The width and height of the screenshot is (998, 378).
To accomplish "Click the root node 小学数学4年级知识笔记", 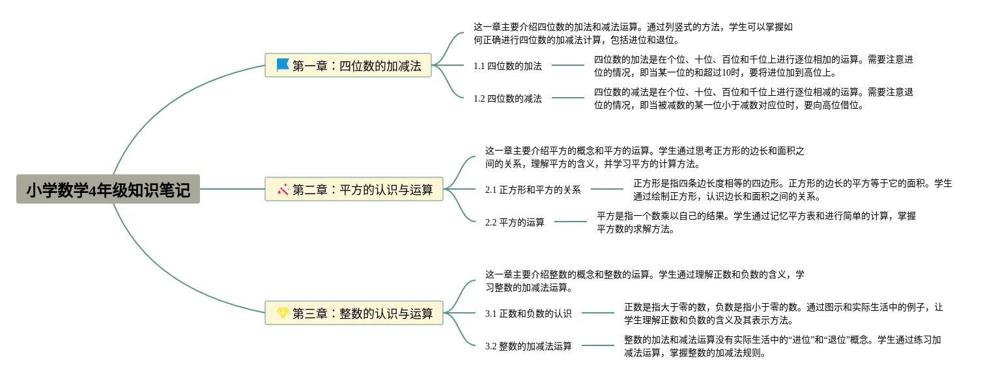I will pyautogui.click(x=108, y=190).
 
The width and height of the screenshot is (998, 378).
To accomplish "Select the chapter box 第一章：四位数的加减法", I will pyautogui.click(x=349, y=65).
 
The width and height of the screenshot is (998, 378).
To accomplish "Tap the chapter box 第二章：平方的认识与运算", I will pyautogui.click(x=354, y=189).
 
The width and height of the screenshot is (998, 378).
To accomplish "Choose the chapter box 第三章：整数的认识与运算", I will pyautogui.click(x=354, y=313).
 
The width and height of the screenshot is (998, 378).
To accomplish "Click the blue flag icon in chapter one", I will pyautogui.click(x=283, y=65).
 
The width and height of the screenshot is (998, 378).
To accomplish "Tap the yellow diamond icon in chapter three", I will pyautogui.click(x=283, y=313).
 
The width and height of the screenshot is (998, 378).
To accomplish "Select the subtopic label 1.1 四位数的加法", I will pyautogui.click(x=507, y=65).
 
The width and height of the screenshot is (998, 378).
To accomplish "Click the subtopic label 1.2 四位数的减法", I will pyautogui.click(x=507, y=98).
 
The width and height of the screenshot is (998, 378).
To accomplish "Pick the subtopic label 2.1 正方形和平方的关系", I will pyautogui.click(x=533, y=190).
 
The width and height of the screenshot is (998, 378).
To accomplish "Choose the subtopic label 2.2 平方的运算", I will pyautogui.click(x=515, y=222).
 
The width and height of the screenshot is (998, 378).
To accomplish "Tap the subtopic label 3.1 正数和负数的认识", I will pyautogui.click(x=528, y=313).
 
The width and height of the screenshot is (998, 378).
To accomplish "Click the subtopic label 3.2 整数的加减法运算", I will pyautogui.click(x=528, y=346).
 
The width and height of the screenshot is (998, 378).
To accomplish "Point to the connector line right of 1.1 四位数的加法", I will pyautogui.click(x=567, y=65).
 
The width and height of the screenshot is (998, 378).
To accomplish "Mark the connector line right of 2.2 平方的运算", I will pyautogui.click(x=571, y=222).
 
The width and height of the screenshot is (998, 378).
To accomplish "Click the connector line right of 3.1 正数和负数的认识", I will pyautogui.click(x=597, y=313).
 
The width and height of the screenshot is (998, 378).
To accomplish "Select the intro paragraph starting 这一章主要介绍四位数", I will pyautogui.click(x=633, y=33).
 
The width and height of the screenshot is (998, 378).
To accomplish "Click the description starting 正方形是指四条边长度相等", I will pyautogui.click(x=792, y=190).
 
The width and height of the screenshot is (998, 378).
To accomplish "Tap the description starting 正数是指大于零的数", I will pyautogui.click(x=783, y=313).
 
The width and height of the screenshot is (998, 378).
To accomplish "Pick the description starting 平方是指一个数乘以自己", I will pyautogui.click(x=756, y=222).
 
